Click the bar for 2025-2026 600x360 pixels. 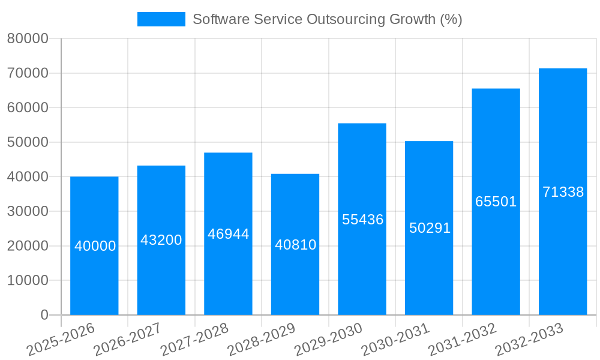(94, 276)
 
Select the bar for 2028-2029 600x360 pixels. (295, 276)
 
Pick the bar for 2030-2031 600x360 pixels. (429, 270)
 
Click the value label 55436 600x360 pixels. (362, 220)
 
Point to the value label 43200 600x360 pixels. (161, 240)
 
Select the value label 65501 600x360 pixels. (496, 202)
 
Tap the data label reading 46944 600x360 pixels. (228, 234)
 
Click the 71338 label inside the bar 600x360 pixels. (563, 192)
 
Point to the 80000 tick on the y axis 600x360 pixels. (27, 39)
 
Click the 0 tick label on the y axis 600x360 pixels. (44, 315)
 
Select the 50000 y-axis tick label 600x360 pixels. (27, 143)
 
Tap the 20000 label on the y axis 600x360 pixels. (27, 246)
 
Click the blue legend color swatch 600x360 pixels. (161, 19)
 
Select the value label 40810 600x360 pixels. (295, 245)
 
